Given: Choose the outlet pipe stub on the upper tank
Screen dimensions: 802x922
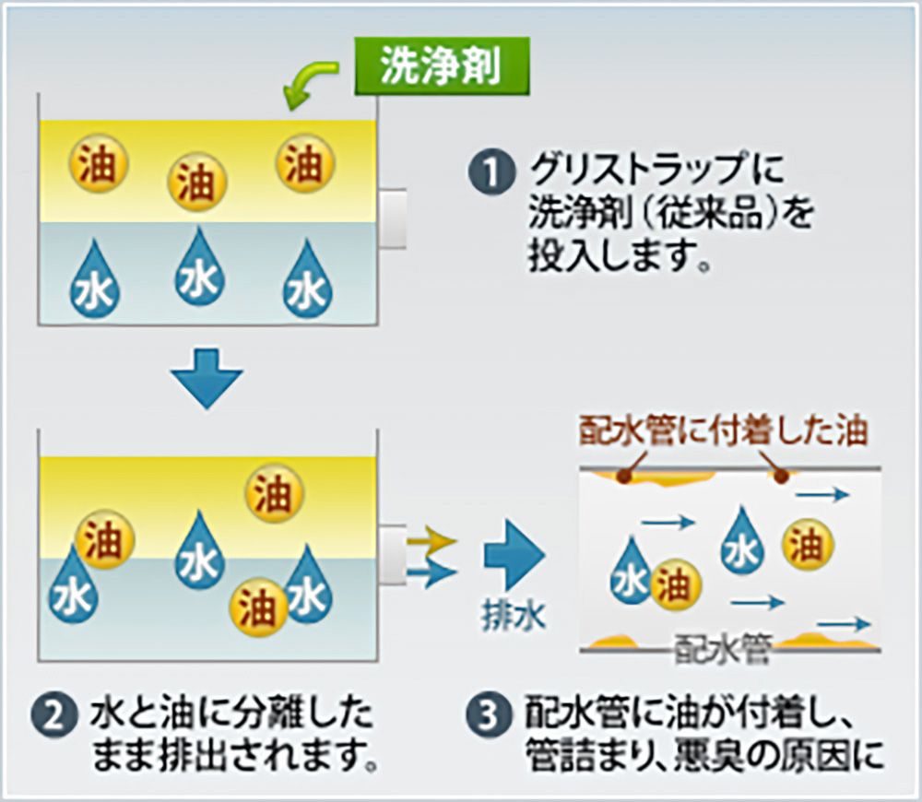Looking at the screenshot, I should (393, 219).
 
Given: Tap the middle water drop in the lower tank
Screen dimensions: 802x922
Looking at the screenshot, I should (199, 554).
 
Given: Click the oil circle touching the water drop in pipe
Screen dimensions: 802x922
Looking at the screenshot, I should (676, 584).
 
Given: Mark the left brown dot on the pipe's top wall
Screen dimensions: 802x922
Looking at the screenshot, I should (624, 477).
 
